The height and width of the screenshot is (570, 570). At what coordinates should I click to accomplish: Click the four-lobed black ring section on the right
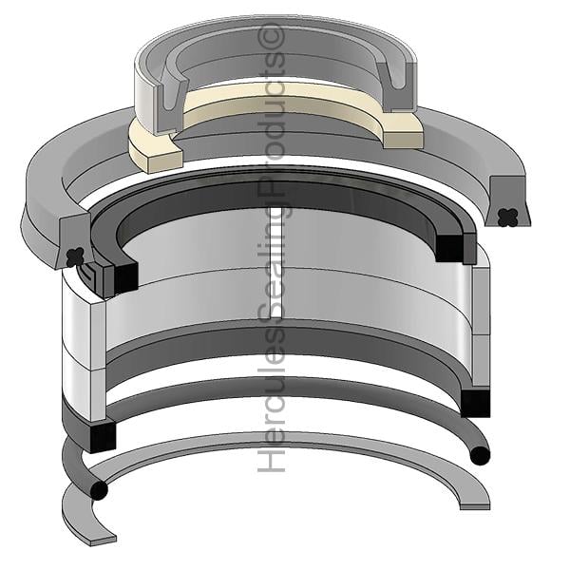pos(508,218)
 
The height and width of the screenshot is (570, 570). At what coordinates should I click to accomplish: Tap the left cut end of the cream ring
pos(163,161)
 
